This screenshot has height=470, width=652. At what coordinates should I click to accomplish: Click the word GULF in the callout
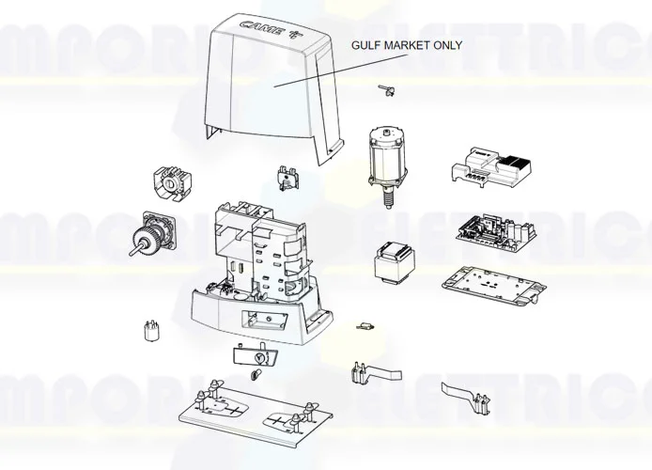(367, 45)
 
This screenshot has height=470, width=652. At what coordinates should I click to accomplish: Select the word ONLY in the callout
(448, 45)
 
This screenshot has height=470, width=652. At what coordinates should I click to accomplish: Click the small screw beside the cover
(384, 89)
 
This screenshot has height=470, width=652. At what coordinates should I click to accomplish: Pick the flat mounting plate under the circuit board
(489, 286)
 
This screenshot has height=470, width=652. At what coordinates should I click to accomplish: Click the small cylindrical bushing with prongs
(147, 331)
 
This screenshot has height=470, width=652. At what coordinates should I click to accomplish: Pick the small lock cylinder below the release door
(254, 375)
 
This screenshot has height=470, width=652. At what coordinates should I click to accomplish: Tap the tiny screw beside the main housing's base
(363, 327)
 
